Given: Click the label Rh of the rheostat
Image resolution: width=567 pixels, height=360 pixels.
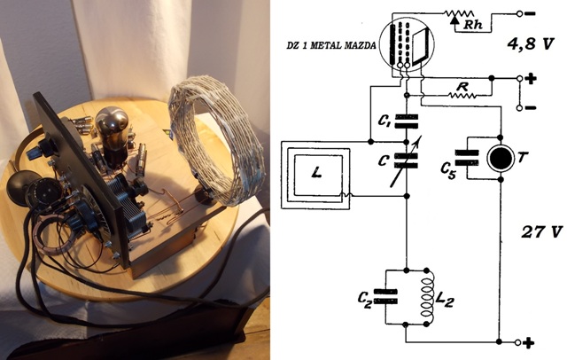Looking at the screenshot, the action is click(x=473, y=25).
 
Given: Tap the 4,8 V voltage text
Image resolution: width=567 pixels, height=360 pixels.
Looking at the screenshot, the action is click(x=531, y=44).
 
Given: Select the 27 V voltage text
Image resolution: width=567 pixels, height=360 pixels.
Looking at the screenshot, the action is click(x=541, y=232).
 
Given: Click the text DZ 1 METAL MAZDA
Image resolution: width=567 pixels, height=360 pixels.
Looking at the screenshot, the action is click(x=331, y=45).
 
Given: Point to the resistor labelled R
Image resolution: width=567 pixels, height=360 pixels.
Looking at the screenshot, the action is click(x=462, y=95).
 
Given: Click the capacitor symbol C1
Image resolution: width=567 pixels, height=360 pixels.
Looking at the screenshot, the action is click(x=407, y=121).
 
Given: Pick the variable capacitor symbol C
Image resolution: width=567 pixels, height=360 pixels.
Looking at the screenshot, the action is click(x=406, y=160).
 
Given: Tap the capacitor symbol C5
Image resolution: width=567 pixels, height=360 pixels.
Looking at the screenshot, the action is click(x=467, y=158).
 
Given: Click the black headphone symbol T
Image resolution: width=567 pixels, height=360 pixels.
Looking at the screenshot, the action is click(x=501, y=158).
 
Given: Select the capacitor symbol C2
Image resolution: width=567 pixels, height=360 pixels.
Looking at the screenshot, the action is click(x=385, y=297).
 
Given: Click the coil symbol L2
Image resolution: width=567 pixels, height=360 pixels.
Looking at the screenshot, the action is click(x=427, y=297).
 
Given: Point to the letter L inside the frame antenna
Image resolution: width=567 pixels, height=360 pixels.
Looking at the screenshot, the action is click(x=316, y=174).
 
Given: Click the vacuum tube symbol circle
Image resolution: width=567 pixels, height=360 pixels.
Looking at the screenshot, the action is click(x=407, y=44).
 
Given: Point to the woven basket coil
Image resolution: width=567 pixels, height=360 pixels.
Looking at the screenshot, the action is click(x=216, y=141).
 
